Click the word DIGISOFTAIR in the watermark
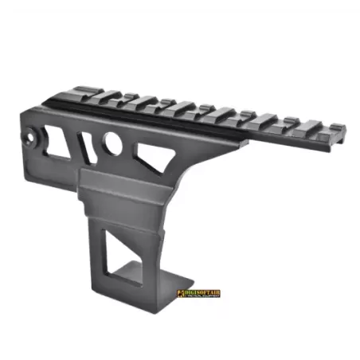point(200,292)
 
